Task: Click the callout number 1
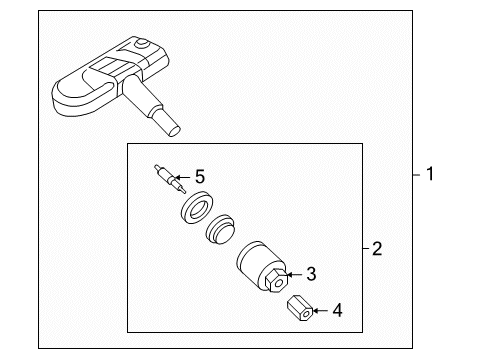[430, 174]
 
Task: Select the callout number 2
[377, 249]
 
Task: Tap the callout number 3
[311, 274]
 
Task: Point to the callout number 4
[337, 310]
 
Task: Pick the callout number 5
[200, 177]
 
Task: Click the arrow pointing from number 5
[183, 177]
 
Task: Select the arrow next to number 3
[294, 274]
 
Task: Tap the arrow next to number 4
[320, 311]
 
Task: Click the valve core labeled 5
[170, 179]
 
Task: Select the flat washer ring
[197, 207]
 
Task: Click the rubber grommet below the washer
[220, 230]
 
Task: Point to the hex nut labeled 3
[276, 280]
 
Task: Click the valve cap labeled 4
[300, 308]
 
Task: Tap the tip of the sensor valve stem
[175, 131]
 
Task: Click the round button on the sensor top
[143, 44]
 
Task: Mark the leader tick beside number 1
[417, 174]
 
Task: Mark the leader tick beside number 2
[366, 248]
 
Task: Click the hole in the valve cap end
[306, 314]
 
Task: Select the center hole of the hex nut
[279, 284]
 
